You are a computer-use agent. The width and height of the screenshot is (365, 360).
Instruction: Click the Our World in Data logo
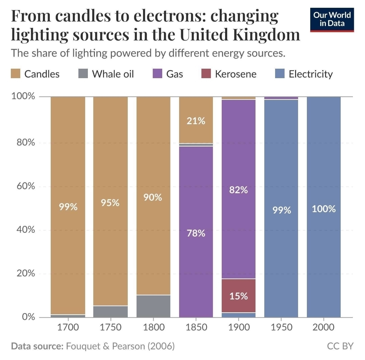[x=332, y=20]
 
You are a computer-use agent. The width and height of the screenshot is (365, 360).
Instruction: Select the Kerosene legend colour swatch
[x=206, y=74]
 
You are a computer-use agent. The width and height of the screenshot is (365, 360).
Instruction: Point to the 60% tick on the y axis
[x=24, y=186]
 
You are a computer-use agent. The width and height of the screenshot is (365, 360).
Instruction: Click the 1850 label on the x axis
[x=196, y=328]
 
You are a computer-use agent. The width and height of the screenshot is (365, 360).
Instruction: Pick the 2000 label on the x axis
[x=324, y=328]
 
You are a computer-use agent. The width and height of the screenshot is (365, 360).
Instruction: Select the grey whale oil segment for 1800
[x=153, y=306]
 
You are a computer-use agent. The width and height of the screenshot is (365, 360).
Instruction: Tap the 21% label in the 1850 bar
[x=196, y=121]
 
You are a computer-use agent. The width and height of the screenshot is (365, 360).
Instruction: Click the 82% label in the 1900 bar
[x=239, y=190]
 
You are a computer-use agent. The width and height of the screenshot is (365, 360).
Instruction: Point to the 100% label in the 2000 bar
[x=324, y=209]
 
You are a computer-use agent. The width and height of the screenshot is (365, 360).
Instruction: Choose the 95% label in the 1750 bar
[x=110, y=203]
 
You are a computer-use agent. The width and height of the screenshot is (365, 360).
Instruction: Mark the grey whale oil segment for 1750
[x=110, y=312]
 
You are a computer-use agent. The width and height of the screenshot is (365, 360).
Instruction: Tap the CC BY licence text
[x=340, y=346]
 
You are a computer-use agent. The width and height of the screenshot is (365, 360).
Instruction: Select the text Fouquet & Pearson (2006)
[x=120, y=346]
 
